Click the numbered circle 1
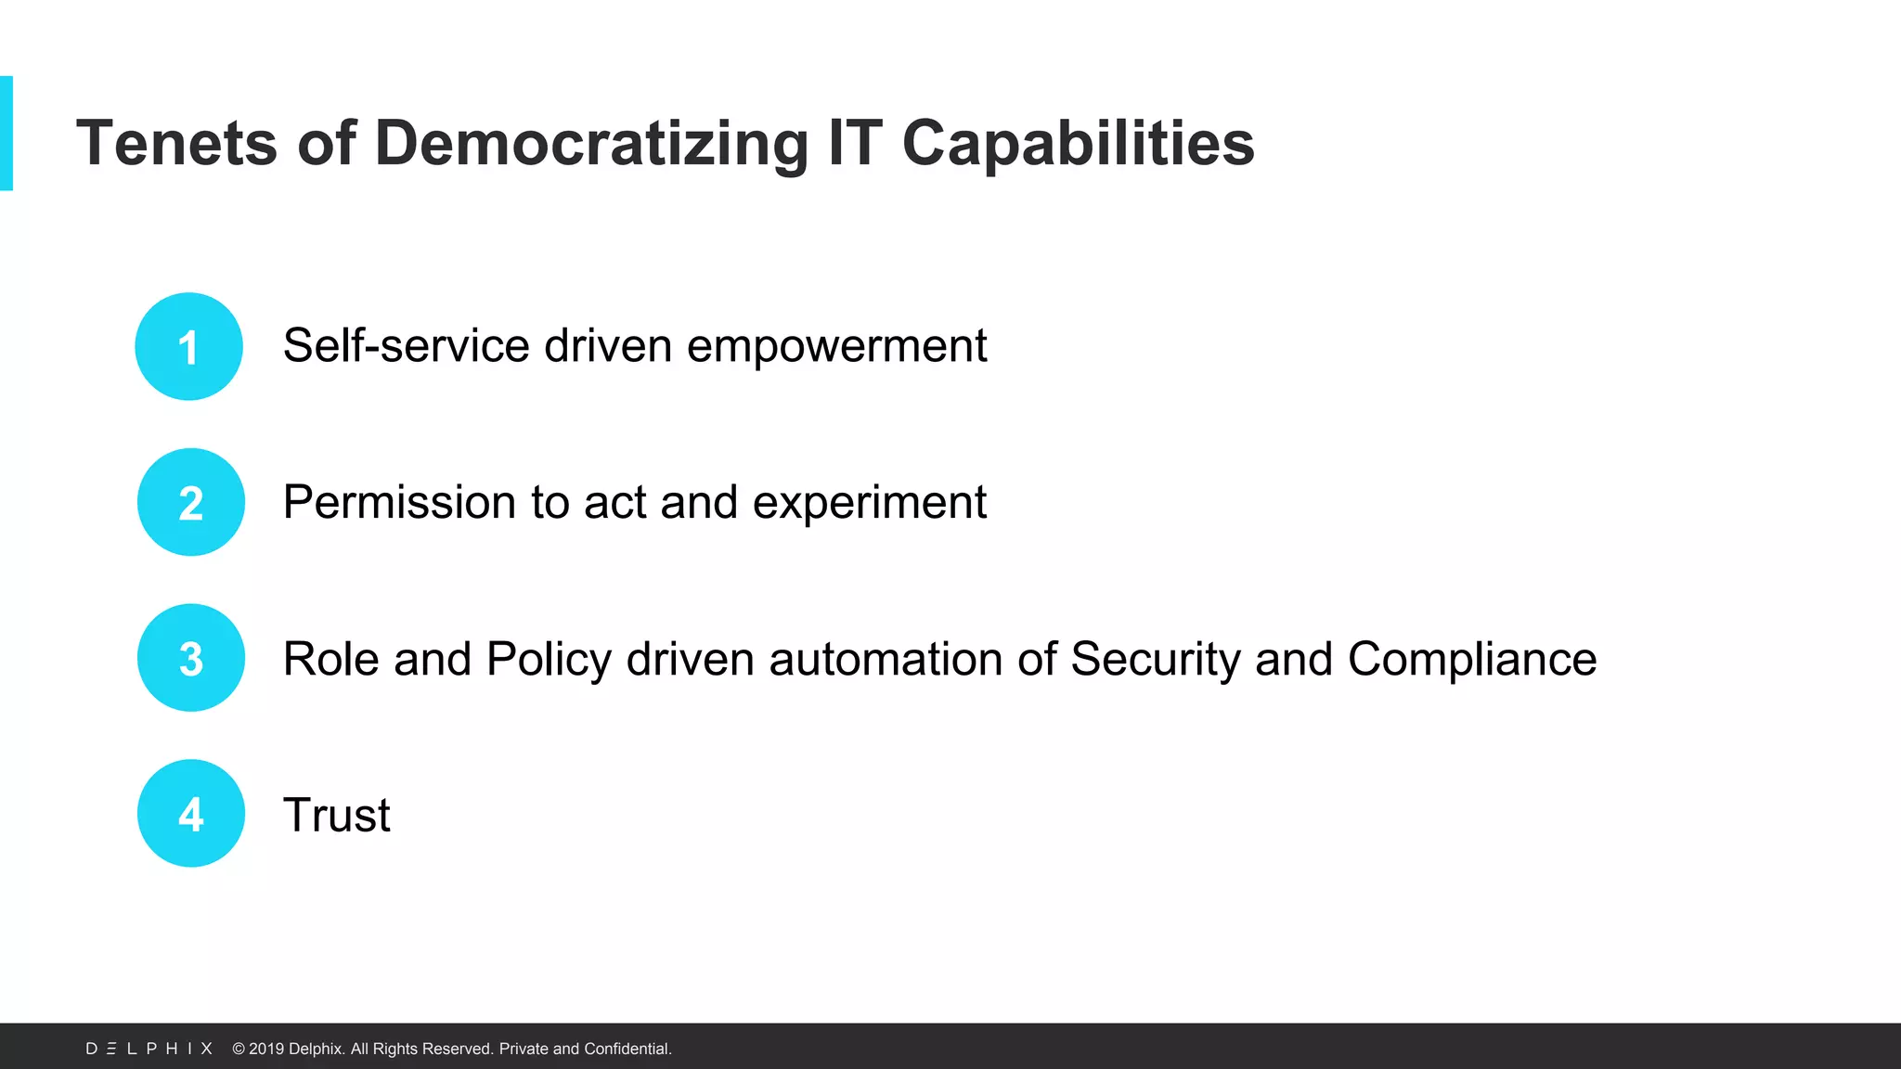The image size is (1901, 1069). [x=188, y=347]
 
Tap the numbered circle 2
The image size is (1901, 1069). [x=191, y=502]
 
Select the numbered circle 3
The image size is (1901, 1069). [x=191, y=658]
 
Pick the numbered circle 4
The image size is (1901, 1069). [x=191, y=814]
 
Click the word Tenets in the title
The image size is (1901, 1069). [x=176, y=144]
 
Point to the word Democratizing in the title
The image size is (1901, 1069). [x=591, y=144]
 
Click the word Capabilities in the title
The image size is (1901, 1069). [x=1078, y=144]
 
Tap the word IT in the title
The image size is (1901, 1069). [x=854, y=144]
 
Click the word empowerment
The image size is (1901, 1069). [x=836, y=346]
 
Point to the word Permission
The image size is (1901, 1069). [x=399, y=502]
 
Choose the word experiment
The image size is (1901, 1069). [x=869, y=502]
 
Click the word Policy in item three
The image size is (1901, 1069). [x=549, y=660]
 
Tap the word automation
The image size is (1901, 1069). [x=886, y=660]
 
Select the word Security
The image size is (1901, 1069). [x=1155, y=660]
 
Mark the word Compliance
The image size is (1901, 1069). [x=1471, y=660]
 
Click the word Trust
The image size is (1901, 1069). [x=336, y=816]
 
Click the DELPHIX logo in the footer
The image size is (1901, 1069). [x=149, y=1049]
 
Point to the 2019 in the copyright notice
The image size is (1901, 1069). [x=265, y=1049]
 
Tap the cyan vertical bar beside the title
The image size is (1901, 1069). [x=6, y=134]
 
